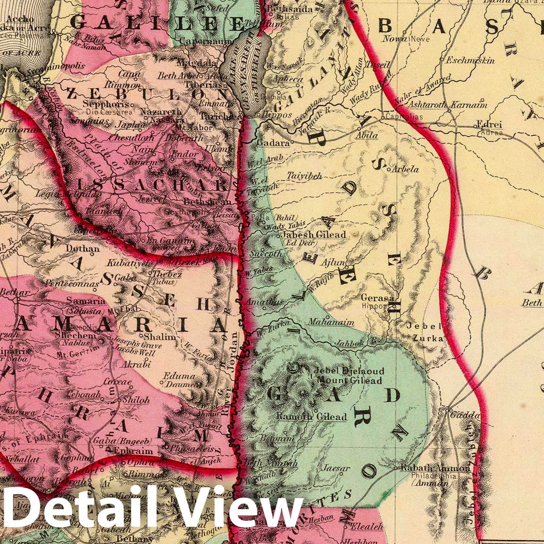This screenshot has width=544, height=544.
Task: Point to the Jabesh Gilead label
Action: (314, 235)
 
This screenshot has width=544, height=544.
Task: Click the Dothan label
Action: (82, 248)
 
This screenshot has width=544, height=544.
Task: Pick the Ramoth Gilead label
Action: (311, 417)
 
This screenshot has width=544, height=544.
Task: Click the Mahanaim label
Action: (331, 323)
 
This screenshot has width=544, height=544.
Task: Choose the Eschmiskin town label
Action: (470, 60)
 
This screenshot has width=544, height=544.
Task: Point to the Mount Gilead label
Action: (349, 381)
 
